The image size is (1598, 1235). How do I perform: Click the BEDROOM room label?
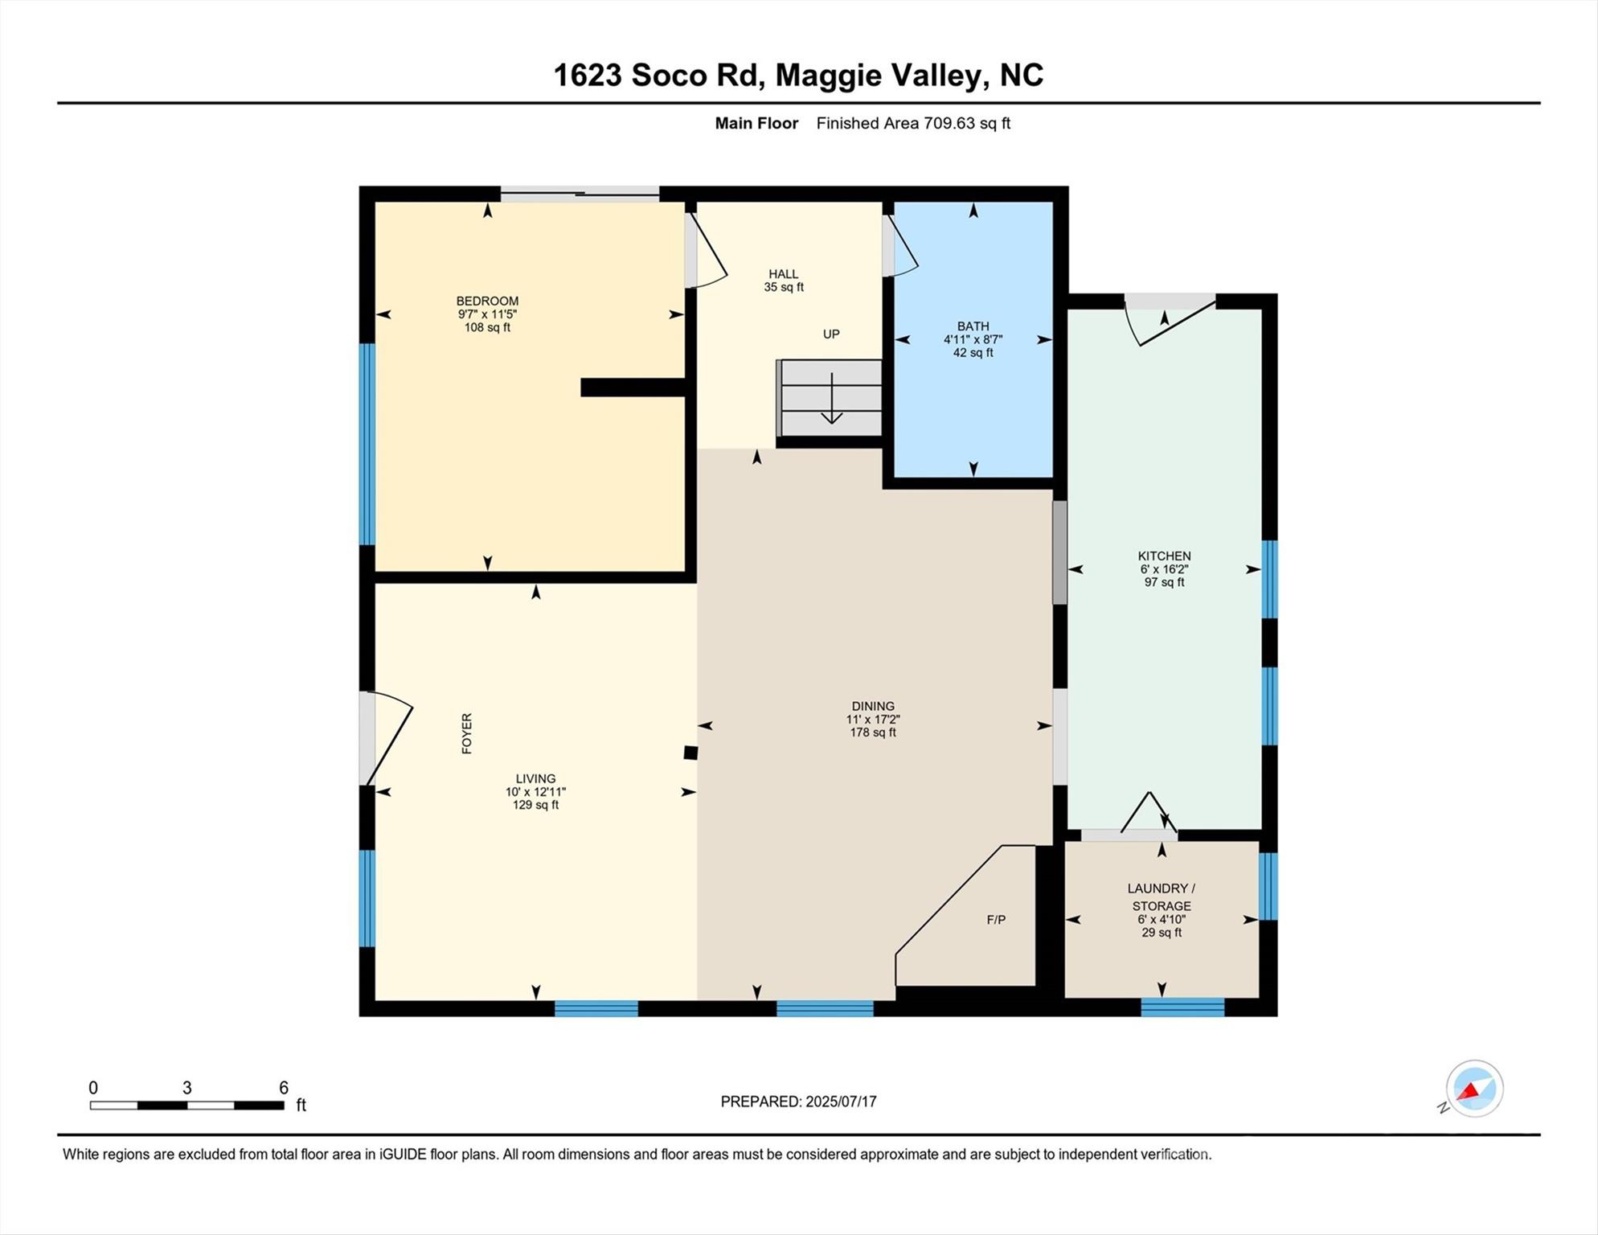(487, 302)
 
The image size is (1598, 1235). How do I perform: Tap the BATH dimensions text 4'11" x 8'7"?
(973, 339)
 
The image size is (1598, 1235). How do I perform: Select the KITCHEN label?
(1164, 556)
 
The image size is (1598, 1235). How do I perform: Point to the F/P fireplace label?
(996, 920)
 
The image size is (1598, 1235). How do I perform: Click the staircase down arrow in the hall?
(831, 398)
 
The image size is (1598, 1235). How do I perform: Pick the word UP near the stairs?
(831, 334)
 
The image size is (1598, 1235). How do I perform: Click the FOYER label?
(467, 733)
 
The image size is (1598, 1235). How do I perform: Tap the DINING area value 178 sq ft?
(873, 732)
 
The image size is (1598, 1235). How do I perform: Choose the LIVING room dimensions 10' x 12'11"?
(535, 792)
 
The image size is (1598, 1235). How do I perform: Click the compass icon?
(1474, 1089)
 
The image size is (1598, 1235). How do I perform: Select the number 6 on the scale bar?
(284, 1088)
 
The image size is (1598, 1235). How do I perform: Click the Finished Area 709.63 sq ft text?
(913, 123)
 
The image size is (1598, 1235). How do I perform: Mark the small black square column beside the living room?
(690, 753)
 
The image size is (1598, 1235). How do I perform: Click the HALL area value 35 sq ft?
(784, 287)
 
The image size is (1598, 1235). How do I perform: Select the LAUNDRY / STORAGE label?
(1162, 897)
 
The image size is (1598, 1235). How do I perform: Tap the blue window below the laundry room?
(1182, 1007)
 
